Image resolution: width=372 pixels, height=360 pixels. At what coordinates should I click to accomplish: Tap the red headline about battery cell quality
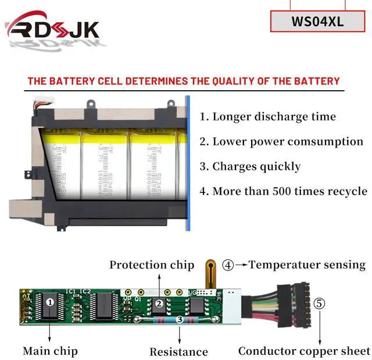[184, 81]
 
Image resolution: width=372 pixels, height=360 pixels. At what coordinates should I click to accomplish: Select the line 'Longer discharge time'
[268, 116]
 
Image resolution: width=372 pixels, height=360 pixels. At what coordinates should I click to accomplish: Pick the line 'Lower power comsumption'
[281, 141]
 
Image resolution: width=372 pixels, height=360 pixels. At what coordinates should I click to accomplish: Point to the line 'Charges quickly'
[251, 166]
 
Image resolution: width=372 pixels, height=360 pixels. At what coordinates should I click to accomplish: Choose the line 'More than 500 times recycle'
[283, 191]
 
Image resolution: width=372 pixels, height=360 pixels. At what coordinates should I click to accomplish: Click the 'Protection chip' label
[152, 265]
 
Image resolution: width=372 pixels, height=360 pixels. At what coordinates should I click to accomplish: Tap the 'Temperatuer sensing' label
[307, 265]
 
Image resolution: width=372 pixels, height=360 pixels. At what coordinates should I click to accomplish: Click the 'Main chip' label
[50, 351]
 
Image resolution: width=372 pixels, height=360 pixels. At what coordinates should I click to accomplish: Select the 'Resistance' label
[178, 351]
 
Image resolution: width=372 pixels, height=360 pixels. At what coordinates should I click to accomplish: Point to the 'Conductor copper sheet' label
[304, 351]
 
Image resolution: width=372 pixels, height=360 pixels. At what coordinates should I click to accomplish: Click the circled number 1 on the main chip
[50, 302]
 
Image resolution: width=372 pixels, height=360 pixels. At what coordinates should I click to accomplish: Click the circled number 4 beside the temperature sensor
[228, 265]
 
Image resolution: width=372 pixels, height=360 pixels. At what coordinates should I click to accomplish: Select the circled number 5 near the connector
[320, 303]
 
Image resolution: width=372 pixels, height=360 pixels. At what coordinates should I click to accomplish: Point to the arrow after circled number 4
[241, 265]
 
